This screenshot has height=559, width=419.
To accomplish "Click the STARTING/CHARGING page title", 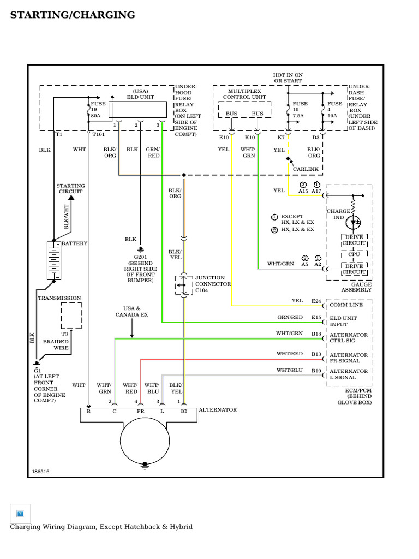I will [x=73, y=15].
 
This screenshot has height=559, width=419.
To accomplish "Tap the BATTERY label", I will [x=74, y=243].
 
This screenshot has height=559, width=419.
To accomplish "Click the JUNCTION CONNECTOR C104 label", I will [x=213, y=284].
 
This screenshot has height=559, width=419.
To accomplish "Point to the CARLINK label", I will [x=305, y=169].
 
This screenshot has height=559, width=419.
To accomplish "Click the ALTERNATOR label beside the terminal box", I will [x=218, y=409].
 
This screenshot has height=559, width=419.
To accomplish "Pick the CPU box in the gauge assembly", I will [x=354, y=254].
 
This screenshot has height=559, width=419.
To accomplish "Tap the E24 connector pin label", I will [x=316, y=301].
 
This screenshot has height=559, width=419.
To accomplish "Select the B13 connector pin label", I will [x=316, y=354].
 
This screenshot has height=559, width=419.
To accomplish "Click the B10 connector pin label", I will [x=316, y=371].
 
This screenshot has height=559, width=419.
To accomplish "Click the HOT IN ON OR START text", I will [x=288, y=78].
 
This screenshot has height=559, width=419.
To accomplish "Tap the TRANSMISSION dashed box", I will [x=71, y=316].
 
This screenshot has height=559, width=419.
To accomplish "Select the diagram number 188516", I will [x=40, y=471].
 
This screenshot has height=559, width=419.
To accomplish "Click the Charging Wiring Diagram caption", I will [x=101, y=527].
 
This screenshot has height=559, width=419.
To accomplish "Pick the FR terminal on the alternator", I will [x=141, y=412].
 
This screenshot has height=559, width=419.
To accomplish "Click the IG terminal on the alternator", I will [x=184, y=412].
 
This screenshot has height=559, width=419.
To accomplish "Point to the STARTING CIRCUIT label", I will [x=71, y=189].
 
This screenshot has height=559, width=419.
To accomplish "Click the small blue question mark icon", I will [x=20, y=514].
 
